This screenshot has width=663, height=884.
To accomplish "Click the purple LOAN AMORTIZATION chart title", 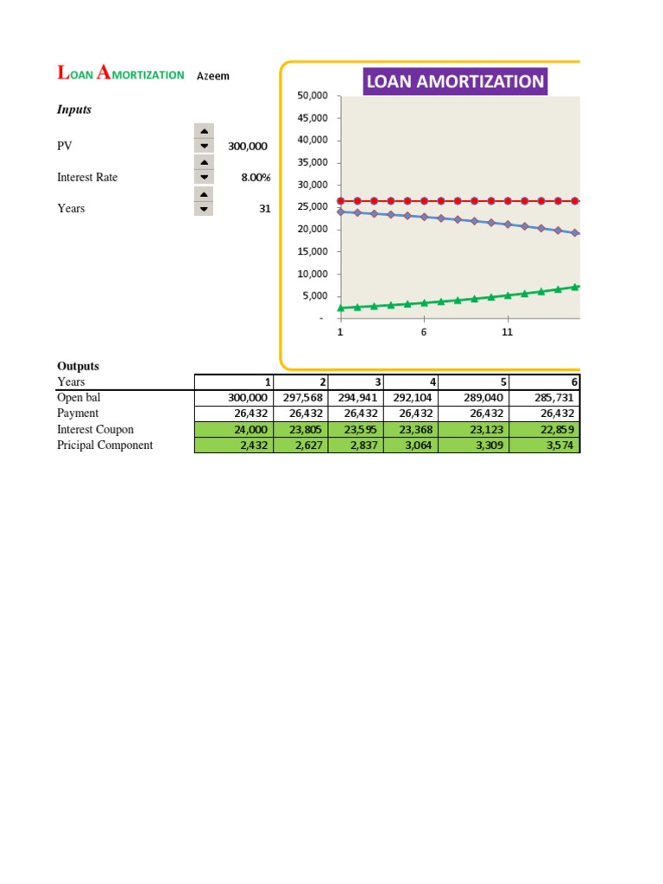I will point(455,82).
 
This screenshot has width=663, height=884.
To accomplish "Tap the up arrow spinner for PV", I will point(204,130).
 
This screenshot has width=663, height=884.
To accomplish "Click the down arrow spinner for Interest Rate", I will point(204,177).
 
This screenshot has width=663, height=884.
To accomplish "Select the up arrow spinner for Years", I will point(204,193).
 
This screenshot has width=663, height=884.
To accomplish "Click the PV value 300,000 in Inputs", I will point(248,147).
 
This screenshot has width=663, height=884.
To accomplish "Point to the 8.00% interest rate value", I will point(256,178).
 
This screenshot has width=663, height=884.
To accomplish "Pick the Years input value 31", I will point(264,209).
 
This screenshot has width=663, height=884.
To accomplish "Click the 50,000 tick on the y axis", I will point(313,95).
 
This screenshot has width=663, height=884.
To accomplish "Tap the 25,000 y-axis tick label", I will point(313,207).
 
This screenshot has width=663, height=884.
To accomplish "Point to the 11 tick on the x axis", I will point(507,332).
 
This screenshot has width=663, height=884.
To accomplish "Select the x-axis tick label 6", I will point(424,332).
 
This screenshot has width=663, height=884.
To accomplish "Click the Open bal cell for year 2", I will point(301,398).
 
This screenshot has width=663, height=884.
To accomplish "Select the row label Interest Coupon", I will point(95,429).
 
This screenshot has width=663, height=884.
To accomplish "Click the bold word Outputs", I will point(78,366).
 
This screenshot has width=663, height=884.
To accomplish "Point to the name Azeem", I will point(213,76).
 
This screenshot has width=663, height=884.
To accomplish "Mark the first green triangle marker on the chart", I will point(340,307).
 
